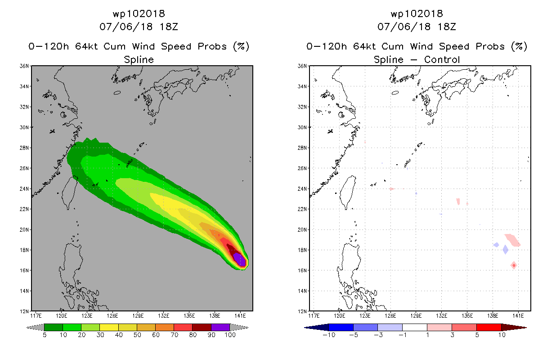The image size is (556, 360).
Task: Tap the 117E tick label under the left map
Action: point(38,315)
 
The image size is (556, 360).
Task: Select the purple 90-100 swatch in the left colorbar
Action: point(220,327)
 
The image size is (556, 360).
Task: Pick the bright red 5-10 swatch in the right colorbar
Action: point(489,327)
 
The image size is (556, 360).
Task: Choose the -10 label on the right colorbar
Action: point(329,335)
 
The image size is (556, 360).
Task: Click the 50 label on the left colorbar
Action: point(137,335)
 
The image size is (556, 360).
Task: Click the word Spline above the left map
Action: point(139,59)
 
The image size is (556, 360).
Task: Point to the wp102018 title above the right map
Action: point(417,13)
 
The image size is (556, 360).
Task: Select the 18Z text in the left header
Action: point(169,27)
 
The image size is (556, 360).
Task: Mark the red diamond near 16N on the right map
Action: point(514,265)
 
